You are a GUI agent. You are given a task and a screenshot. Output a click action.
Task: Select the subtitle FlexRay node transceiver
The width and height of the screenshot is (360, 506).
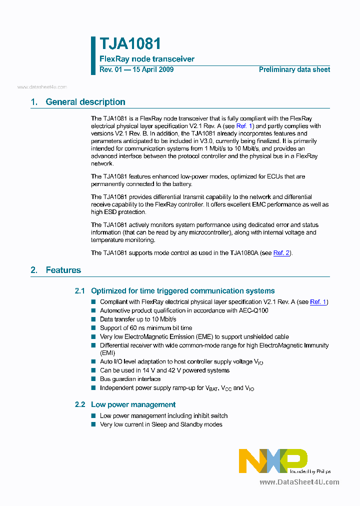pos(147,59)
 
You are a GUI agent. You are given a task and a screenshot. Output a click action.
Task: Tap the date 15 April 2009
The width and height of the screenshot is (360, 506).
pos(152,69)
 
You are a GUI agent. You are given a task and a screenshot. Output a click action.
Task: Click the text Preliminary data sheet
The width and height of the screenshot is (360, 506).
pos(294,69)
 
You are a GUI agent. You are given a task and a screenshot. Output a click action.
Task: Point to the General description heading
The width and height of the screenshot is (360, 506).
pos(85,102)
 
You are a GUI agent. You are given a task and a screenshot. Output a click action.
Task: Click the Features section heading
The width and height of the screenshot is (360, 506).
pos(63,270)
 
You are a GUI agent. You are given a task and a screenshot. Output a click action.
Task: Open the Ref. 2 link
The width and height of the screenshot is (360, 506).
pos(281,253)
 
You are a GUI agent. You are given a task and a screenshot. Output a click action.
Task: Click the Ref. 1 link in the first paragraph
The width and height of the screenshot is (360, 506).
pos(245,126)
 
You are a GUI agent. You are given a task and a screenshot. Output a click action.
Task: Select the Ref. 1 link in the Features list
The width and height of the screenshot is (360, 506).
pos(318,302)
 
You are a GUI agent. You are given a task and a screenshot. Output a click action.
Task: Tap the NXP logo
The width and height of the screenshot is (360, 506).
pos(272,460)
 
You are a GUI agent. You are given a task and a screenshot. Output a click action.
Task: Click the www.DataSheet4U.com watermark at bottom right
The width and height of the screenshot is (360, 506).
pos(299,482)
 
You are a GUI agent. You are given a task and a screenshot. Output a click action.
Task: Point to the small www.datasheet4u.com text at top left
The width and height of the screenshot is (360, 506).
pos(42,87)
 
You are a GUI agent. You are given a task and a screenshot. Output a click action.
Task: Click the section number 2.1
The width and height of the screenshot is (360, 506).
pos(80,291)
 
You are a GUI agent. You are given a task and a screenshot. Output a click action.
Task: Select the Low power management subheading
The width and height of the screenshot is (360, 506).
pos(133,404)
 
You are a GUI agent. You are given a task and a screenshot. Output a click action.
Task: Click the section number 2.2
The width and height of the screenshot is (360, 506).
pos(80,404)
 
